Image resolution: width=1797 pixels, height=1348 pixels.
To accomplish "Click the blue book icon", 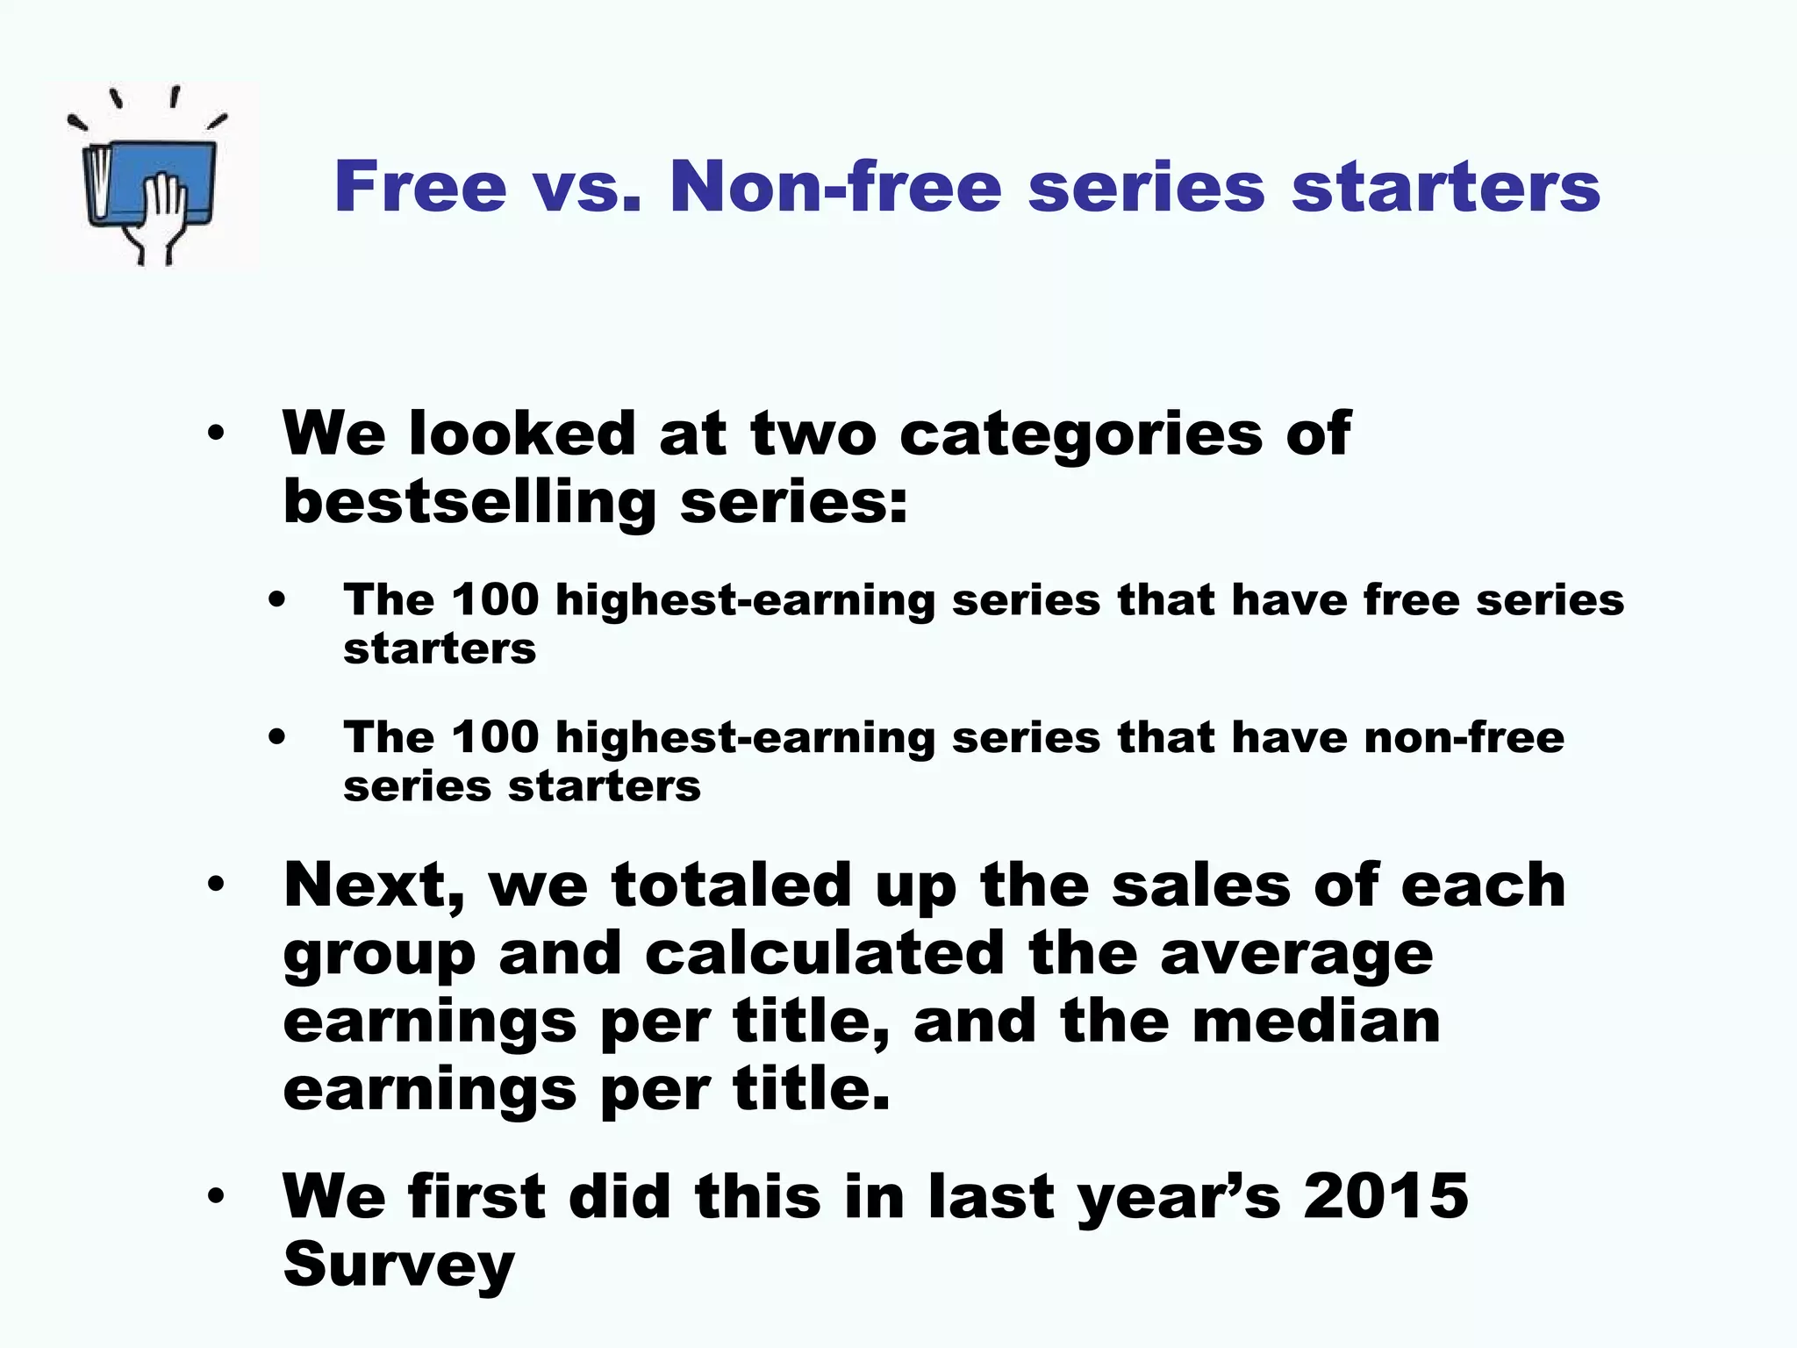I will coord(149,180).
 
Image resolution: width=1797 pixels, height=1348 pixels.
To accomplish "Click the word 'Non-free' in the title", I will coord(835,187).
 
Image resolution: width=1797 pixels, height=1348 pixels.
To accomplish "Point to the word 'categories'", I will coord(1081,435).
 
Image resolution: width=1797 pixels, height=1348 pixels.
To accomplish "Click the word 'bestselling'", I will coord(469,504).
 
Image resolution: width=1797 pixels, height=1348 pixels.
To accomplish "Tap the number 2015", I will coord(1385,1196).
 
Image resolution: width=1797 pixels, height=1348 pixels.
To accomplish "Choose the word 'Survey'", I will coord(399,1266).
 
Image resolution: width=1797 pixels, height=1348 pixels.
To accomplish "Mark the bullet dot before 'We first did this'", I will coord(216,1196).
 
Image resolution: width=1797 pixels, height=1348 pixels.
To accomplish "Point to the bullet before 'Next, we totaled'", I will coord(216,885).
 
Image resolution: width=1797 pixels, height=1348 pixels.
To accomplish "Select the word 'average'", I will coord(1297,955).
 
